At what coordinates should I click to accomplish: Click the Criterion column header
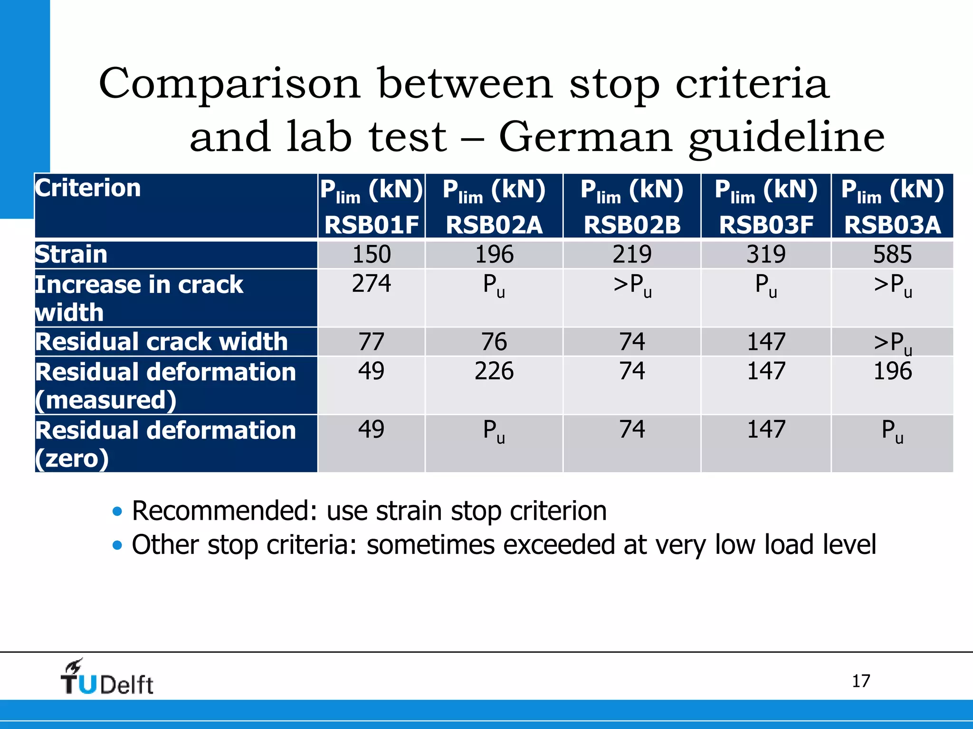[88, 188]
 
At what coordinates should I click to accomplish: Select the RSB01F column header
[372, 206]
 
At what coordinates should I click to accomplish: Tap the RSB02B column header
[632, 206]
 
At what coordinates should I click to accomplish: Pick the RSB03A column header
[892, 206]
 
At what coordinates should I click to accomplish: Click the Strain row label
[72, 254]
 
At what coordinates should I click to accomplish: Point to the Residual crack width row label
[162, 342]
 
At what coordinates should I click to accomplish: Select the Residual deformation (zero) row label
[165, 444]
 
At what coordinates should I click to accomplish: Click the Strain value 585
[892, 254]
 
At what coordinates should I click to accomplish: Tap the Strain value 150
[372, 254]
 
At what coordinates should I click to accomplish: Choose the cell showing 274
[372, 284]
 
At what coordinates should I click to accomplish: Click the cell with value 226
[494, 371]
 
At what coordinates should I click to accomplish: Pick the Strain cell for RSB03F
[766, 254]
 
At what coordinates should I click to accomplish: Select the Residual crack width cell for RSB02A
[494, 342]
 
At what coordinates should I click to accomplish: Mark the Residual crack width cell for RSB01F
[372, 342]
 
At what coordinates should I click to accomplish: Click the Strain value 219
[632, 254]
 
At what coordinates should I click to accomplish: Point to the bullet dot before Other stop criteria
[117, 545]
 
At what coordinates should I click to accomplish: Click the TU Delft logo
[107, 678]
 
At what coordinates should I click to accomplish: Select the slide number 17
[860, 682]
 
